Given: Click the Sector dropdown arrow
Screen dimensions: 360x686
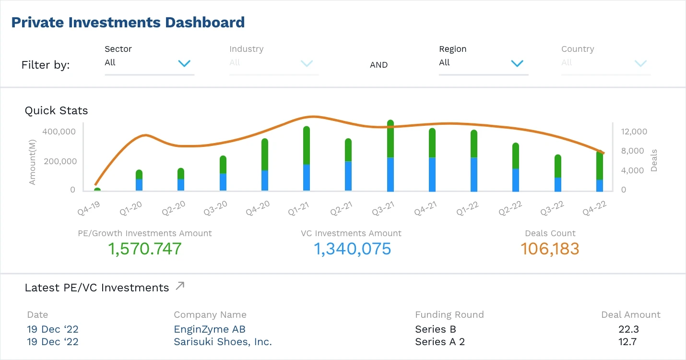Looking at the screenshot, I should (184, 63).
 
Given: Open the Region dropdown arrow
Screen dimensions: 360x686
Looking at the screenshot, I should (517, 63).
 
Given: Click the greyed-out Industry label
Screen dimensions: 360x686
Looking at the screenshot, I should (246, 49).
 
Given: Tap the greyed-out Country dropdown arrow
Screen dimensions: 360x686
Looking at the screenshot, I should (640, 63).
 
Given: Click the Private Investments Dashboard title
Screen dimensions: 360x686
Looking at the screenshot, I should (128, 22).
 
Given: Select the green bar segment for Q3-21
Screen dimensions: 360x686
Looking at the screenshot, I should (390, 139).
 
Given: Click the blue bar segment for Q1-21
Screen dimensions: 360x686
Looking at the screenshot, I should (307, 178).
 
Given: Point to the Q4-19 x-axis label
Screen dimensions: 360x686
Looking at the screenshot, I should (90, 207).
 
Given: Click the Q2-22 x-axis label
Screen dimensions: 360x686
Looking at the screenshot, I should (510, 208).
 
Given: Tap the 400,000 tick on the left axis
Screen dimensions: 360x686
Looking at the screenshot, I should (59, 132).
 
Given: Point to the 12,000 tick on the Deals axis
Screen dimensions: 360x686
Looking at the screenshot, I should (635, 132).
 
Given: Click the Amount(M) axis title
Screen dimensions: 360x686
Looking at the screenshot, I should (32, 160).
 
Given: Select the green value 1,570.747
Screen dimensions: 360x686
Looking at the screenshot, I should (145, 249).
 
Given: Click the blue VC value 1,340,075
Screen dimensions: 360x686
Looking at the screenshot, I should (352, 249).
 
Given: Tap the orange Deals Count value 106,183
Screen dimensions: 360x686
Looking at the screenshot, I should (550, 249).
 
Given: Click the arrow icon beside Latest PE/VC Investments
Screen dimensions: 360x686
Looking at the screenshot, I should (180, 286).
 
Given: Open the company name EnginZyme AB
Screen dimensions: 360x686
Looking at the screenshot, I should (210, 329).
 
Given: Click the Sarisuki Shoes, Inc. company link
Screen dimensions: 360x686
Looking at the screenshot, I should (223, 342).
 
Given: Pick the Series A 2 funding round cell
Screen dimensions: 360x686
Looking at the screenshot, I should (439, 342).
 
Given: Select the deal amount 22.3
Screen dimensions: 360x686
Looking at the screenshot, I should (628, 329).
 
